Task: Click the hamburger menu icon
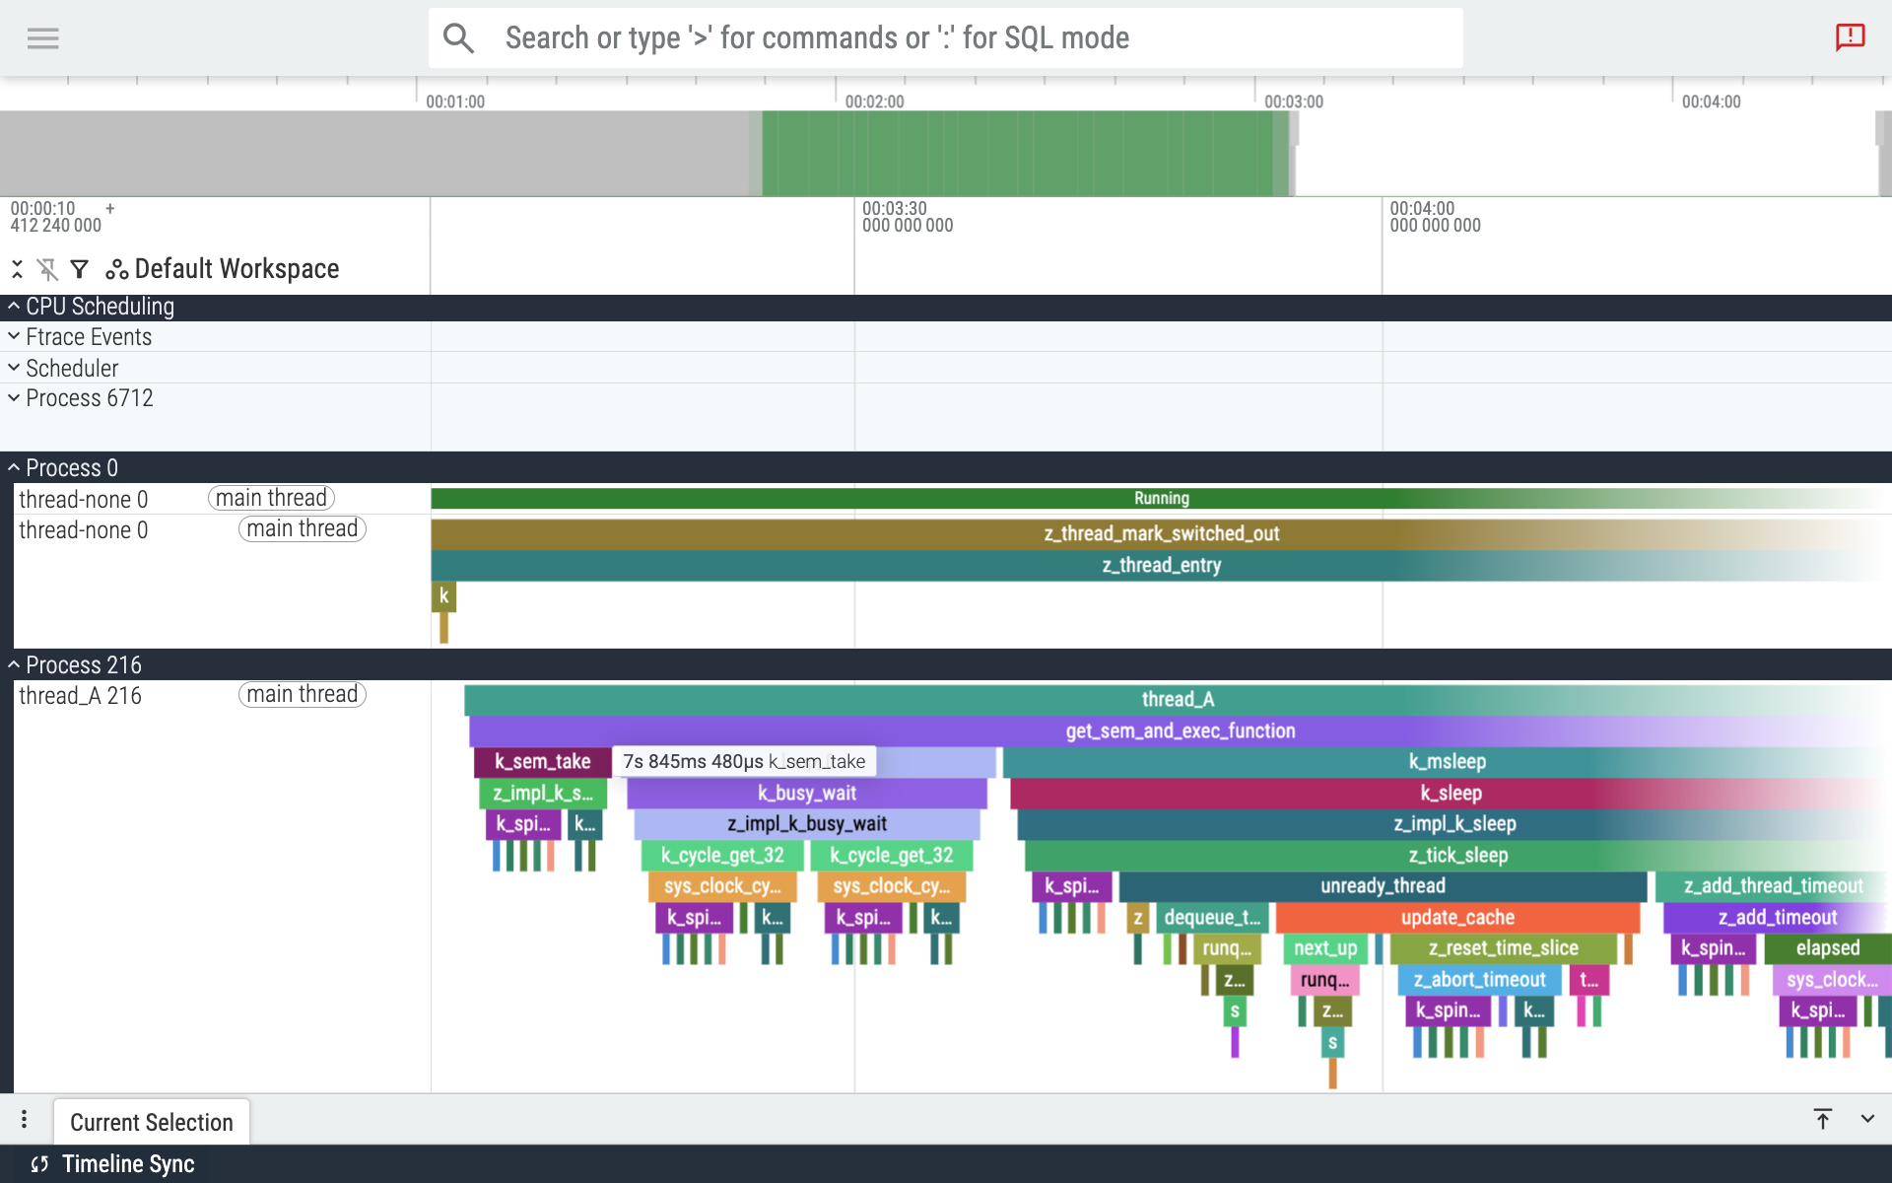[x=42, y=38]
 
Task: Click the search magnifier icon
[x=458, y=38]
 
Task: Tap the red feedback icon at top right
[x=1850, y=37]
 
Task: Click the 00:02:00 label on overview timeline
[x=873, y=102]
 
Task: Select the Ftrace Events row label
[x=89, y=337]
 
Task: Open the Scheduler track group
[x=72, y=368]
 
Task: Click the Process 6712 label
[x=89, y=398]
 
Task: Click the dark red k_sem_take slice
[x=541, y=761]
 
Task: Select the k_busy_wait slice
[x=806, y=793]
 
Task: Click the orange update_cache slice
[x=1456, y=917]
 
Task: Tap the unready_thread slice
[x=1382, y=885]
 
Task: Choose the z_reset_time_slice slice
[x=1502, y=947]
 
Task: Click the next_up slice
[x=1324, y=947]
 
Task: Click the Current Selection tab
[x=151, y=1122]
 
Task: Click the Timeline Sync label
[x=128, y=1163]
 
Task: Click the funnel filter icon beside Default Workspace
[x=80, y=269]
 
